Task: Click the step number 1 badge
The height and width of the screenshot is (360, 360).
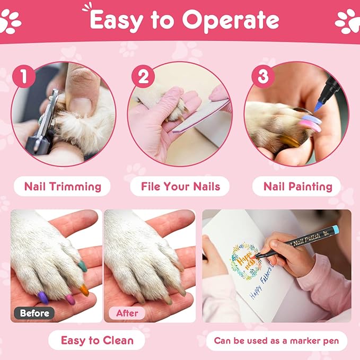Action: point(24,77)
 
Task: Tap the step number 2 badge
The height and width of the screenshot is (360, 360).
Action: point(143,77)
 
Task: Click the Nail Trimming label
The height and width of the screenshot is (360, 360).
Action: point(63,186)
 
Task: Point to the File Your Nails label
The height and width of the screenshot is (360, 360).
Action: point(180,186)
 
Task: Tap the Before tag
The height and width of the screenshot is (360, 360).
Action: point(35,313)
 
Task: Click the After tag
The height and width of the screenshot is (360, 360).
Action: point(127,313)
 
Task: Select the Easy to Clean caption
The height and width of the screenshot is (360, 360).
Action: point(97,340)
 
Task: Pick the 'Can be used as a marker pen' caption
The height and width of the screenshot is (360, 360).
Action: point(277,340)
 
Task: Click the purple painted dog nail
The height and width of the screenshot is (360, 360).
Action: point(43,298)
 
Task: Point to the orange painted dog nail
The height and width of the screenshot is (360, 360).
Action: point(84,289)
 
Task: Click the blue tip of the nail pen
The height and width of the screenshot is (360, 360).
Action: point(318,106)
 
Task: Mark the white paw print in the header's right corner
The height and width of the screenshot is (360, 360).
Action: point(347,20)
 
